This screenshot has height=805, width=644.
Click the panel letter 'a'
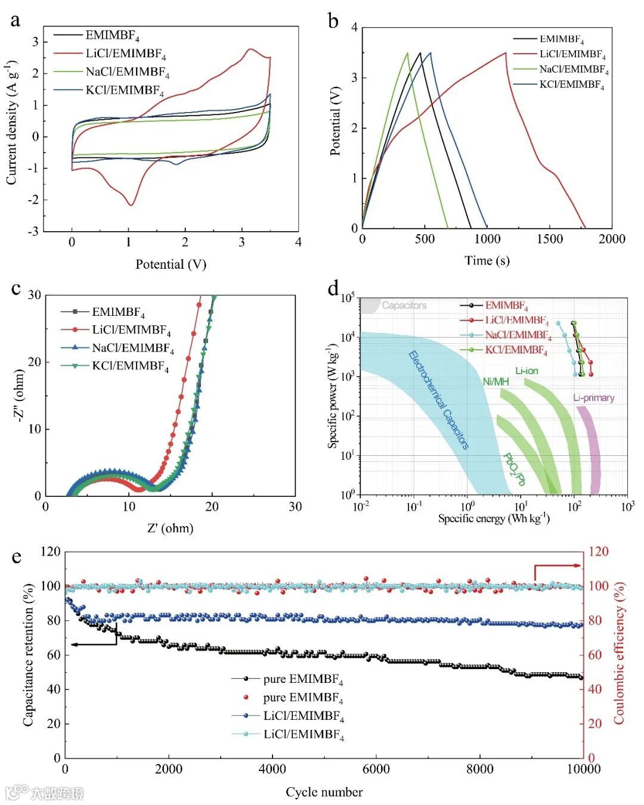[16, 20]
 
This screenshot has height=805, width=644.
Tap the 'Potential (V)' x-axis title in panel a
[171, 264]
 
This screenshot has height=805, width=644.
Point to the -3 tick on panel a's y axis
[35, 231]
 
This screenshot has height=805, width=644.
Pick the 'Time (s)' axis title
[487, 260]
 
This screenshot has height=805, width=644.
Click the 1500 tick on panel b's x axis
[549, 239]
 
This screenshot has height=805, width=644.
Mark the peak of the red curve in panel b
[506, 53]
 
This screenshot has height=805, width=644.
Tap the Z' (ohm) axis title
[171, 528]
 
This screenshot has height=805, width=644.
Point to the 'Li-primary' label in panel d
[593, 398]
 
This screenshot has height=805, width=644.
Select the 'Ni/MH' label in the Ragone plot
[496, 381]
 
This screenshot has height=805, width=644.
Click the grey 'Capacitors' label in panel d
[404, 306]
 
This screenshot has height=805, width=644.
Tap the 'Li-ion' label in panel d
[527, 371]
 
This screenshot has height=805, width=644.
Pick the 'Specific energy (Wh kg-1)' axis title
[494, 519]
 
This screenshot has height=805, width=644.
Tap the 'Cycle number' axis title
[324, 792]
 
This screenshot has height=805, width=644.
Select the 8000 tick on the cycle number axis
[479, 769]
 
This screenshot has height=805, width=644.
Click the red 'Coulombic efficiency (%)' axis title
[619, 653]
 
